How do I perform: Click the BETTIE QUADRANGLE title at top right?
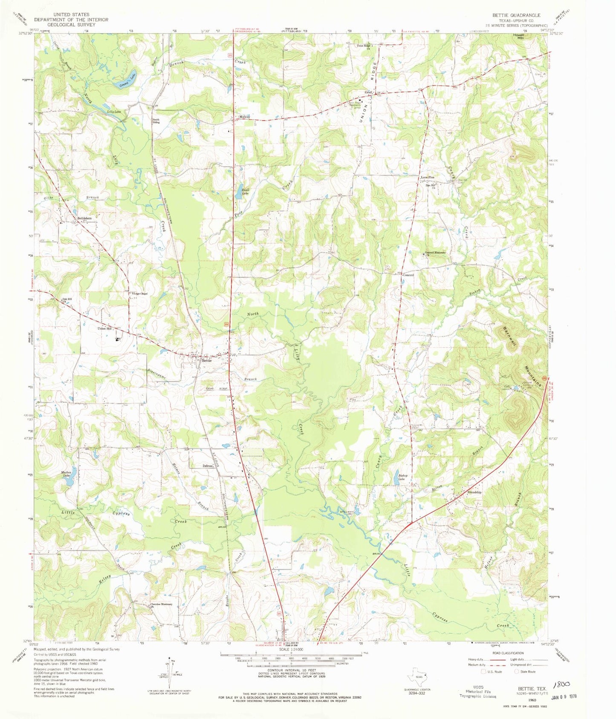(516, 15)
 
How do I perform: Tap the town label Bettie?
(207, 360)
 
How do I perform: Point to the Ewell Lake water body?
(237, 196)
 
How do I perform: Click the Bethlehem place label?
(84, 219)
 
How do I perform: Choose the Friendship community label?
(474, 492)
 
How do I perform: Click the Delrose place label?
(208, 466)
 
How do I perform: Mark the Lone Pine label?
(427, 177)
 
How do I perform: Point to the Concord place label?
(408, 275)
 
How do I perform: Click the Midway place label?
(244, 117)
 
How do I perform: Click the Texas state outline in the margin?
(416, 676)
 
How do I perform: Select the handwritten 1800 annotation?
(561, 684)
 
